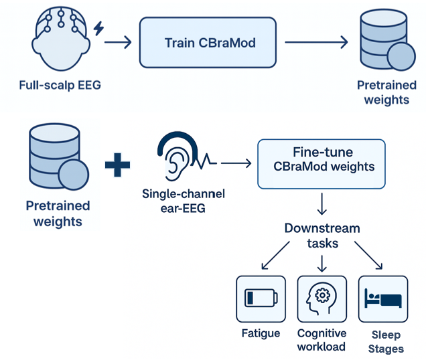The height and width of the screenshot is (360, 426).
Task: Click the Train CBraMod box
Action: coord(209,43)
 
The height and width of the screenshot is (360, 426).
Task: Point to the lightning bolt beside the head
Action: coord(99,29)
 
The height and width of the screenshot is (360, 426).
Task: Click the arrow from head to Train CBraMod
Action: coord(119,43)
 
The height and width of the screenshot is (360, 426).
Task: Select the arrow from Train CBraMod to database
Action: coord(315,43)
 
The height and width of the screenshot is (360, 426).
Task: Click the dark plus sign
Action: coord(118,163)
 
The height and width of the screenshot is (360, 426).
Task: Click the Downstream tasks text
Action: coord(322,235)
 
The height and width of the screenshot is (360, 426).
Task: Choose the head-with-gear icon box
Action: coord(322,298)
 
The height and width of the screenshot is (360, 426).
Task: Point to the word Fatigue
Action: coord(261,333)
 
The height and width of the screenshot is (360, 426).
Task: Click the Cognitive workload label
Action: coord(322,340)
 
